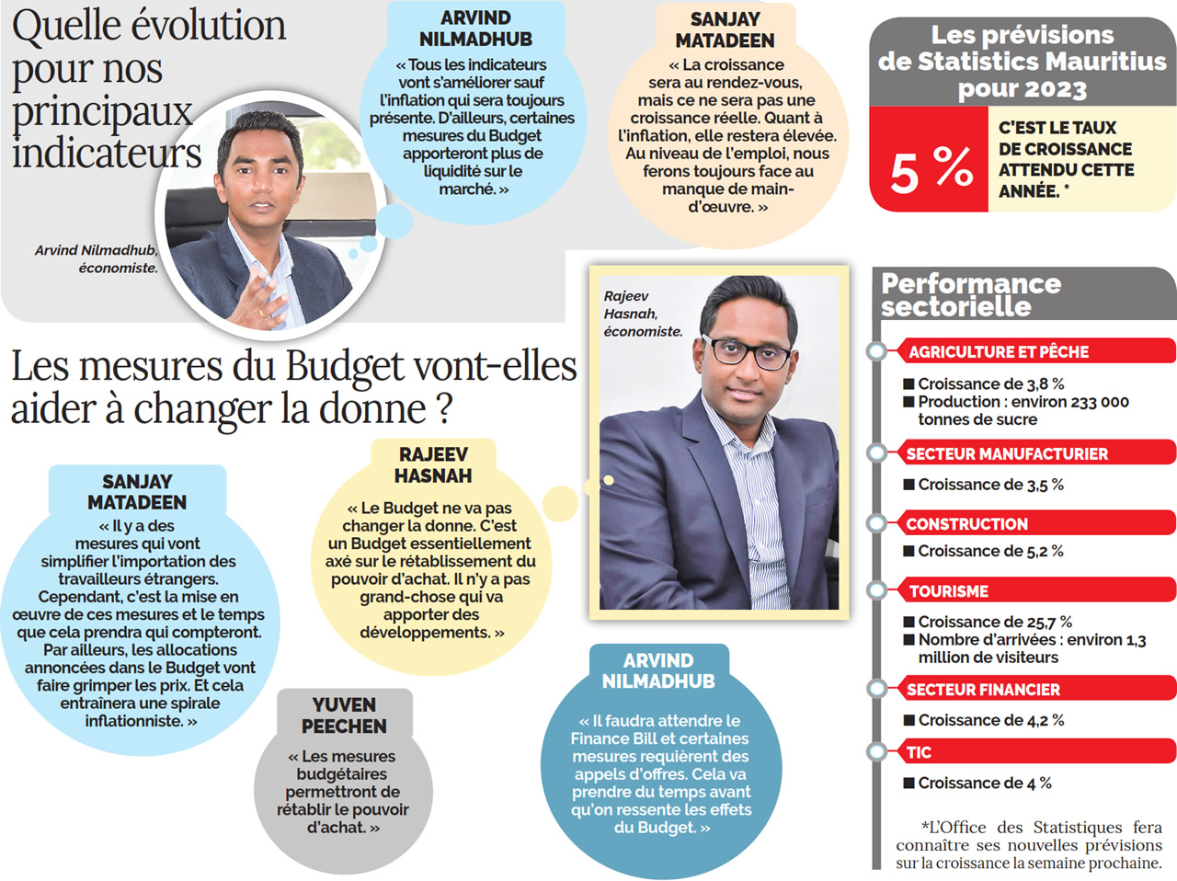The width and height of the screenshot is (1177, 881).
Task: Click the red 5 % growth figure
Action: coord(930,169)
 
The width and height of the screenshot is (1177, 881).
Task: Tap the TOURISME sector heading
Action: coord(948,591)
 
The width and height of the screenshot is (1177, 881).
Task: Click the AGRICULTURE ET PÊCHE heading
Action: coord(998,351)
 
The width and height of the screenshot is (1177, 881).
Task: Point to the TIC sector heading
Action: coord(919,752)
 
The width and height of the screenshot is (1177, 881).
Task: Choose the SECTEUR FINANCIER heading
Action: coord(983,690)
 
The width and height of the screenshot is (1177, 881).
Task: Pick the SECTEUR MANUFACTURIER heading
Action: coord(1007,453)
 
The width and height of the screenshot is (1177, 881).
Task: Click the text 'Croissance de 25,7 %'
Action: coord(994,622)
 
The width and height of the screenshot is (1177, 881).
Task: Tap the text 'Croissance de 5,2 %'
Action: coord(990,551)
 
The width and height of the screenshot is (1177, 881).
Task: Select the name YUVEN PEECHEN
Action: coord(344,715)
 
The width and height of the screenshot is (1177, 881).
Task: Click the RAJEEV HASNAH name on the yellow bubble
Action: coord(433,465)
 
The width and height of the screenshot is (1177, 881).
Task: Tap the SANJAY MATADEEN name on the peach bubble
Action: coord(725,29)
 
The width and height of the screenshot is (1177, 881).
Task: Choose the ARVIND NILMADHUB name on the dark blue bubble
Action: coord(658,671)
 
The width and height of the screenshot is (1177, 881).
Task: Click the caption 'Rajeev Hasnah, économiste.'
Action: coord(642,314)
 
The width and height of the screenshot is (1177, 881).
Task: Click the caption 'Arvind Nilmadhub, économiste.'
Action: coord(97,258)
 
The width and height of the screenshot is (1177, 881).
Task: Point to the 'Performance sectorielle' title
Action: coord(970,294)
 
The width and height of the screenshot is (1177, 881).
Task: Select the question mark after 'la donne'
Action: coord(444,409)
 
